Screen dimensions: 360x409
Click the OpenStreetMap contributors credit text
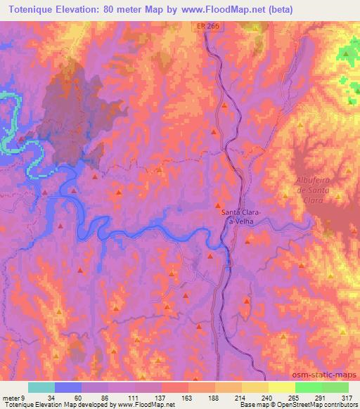click(317, 405)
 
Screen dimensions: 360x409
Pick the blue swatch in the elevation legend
click(68, 387)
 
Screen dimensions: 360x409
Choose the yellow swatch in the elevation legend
click(255, 387)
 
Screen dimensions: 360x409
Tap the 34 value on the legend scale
click(51, 397)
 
